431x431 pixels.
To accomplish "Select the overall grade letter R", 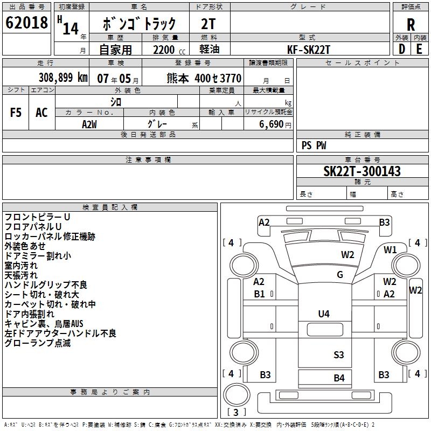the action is click(x=411, y=24).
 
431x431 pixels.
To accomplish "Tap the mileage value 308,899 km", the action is click(x=63, y=78).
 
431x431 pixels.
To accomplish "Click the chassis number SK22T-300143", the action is click(x=362, y=172).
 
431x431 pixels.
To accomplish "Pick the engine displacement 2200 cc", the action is click(x=165, y=50).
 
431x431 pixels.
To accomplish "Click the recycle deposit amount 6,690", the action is click(x=271, y=124).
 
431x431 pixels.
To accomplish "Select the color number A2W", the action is click(x=89, y=124).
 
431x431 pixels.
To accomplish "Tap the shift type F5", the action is click(x=16, y=113).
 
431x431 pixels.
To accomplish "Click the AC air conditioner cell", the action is click(x=41, y=113).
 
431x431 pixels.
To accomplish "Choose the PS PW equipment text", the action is click(x=314, y=145).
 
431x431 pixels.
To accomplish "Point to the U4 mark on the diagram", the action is click(x=324, y=314).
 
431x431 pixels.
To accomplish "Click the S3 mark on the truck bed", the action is click(x=338, y=354).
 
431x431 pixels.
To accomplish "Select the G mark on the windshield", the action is click(x=339, y=275).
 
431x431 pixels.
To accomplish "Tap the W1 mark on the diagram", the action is click(x=390, y=249).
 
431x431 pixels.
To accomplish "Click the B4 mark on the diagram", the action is click(x=338, y=378).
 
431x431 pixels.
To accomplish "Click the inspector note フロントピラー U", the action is click(x=37, y=217).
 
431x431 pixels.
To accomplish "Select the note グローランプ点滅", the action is click(x=37, y=343).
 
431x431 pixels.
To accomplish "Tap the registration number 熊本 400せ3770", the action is click(x=204, y=78).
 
